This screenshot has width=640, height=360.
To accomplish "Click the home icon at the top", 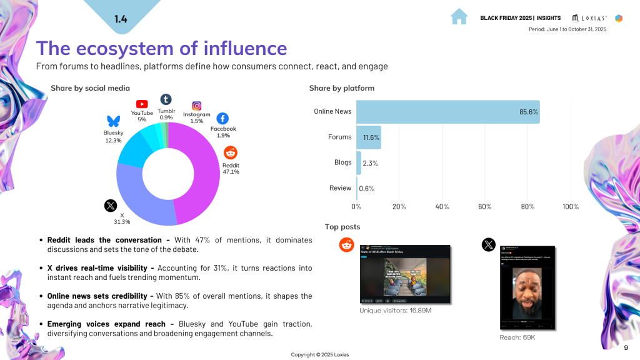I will pos(459,17).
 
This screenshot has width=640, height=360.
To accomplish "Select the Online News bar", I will pos(447,112).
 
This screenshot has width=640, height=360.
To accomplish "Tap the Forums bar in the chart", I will pos(369,137).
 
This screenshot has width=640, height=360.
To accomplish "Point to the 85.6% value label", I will pos(529,112).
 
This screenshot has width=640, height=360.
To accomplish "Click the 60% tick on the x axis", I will pos(485,206).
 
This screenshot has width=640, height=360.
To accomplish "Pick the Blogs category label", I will pos(342,162).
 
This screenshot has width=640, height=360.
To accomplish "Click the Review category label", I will pos(340,187).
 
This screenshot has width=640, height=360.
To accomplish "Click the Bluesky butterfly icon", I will pos(113,121).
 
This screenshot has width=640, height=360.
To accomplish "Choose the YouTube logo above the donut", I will pos(142,104).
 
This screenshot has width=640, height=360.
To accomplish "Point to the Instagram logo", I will pos(196,106).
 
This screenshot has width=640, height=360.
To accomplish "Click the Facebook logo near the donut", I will pos(222,118).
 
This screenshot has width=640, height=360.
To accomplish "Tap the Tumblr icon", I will pos(166,99).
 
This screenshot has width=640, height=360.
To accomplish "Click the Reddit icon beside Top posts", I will pos(346,245).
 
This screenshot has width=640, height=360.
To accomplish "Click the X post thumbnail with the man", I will pos(527,288).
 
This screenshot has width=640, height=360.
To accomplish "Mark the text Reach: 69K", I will pos(517,337).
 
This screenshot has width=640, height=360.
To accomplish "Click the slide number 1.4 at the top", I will pos(121,19).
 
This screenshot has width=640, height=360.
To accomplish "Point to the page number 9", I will pos(626,347).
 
